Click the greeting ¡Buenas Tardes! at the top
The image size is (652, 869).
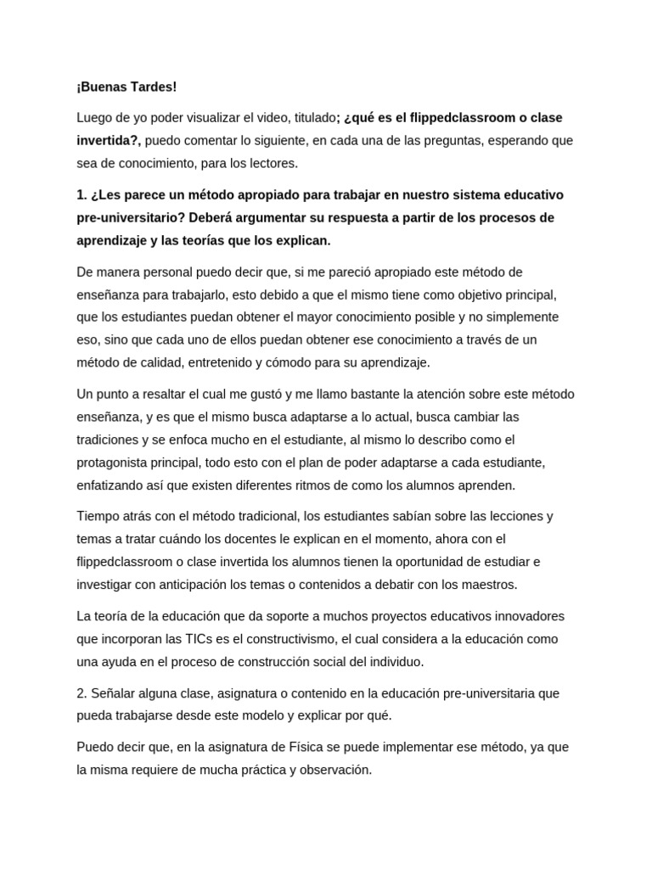tap(126, 87)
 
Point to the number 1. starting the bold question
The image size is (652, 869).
tap(81, 194)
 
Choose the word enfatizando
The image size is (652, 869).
tap(112, 485)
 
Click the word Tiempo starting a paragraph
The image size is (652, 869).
tap(99, 516)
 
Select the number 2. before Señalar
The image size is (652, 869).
tap(81, 692)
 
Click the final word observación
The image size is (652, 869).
tap(329, 770)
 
